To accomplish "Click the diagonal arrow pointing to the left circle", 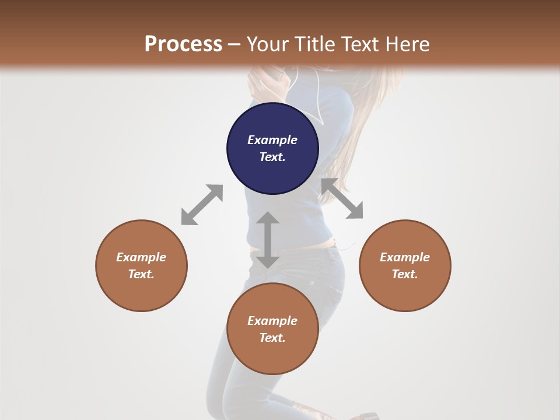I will pyautogui.click(x=202, y=205).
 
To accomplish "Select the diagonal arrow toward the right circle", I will pyautogui.click(x=342, y=198).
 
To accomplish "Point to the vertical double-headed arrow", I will pyautogui.click(x=268, y=240).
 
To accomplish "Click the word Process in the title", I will pyautogui.click(x=183, y=44).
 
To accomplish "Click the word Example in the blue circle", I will pyautogui.click(x=272, y=140).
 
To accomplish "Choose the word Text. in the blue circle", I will pyautogui.click(x=272, y=157).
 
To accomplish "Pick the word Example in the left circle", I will pyautogui.click(x=141, y=257).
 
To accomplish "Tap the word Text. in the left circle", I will pyautogui.click(x=141, y=274).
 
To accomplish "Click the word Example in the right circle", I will pyautogui.click(x=405, y=257).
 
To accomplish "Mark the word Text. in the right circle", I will pyautogui.click(x=405, y=274).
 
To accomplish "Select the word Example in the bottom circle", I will pyautogui.click(x=272, y=321).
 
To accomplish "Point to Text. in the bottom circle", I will pyautogui.click(x=272, y=338).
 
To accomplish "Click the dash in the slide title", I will pyautogui.click(x=235, y=44).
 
